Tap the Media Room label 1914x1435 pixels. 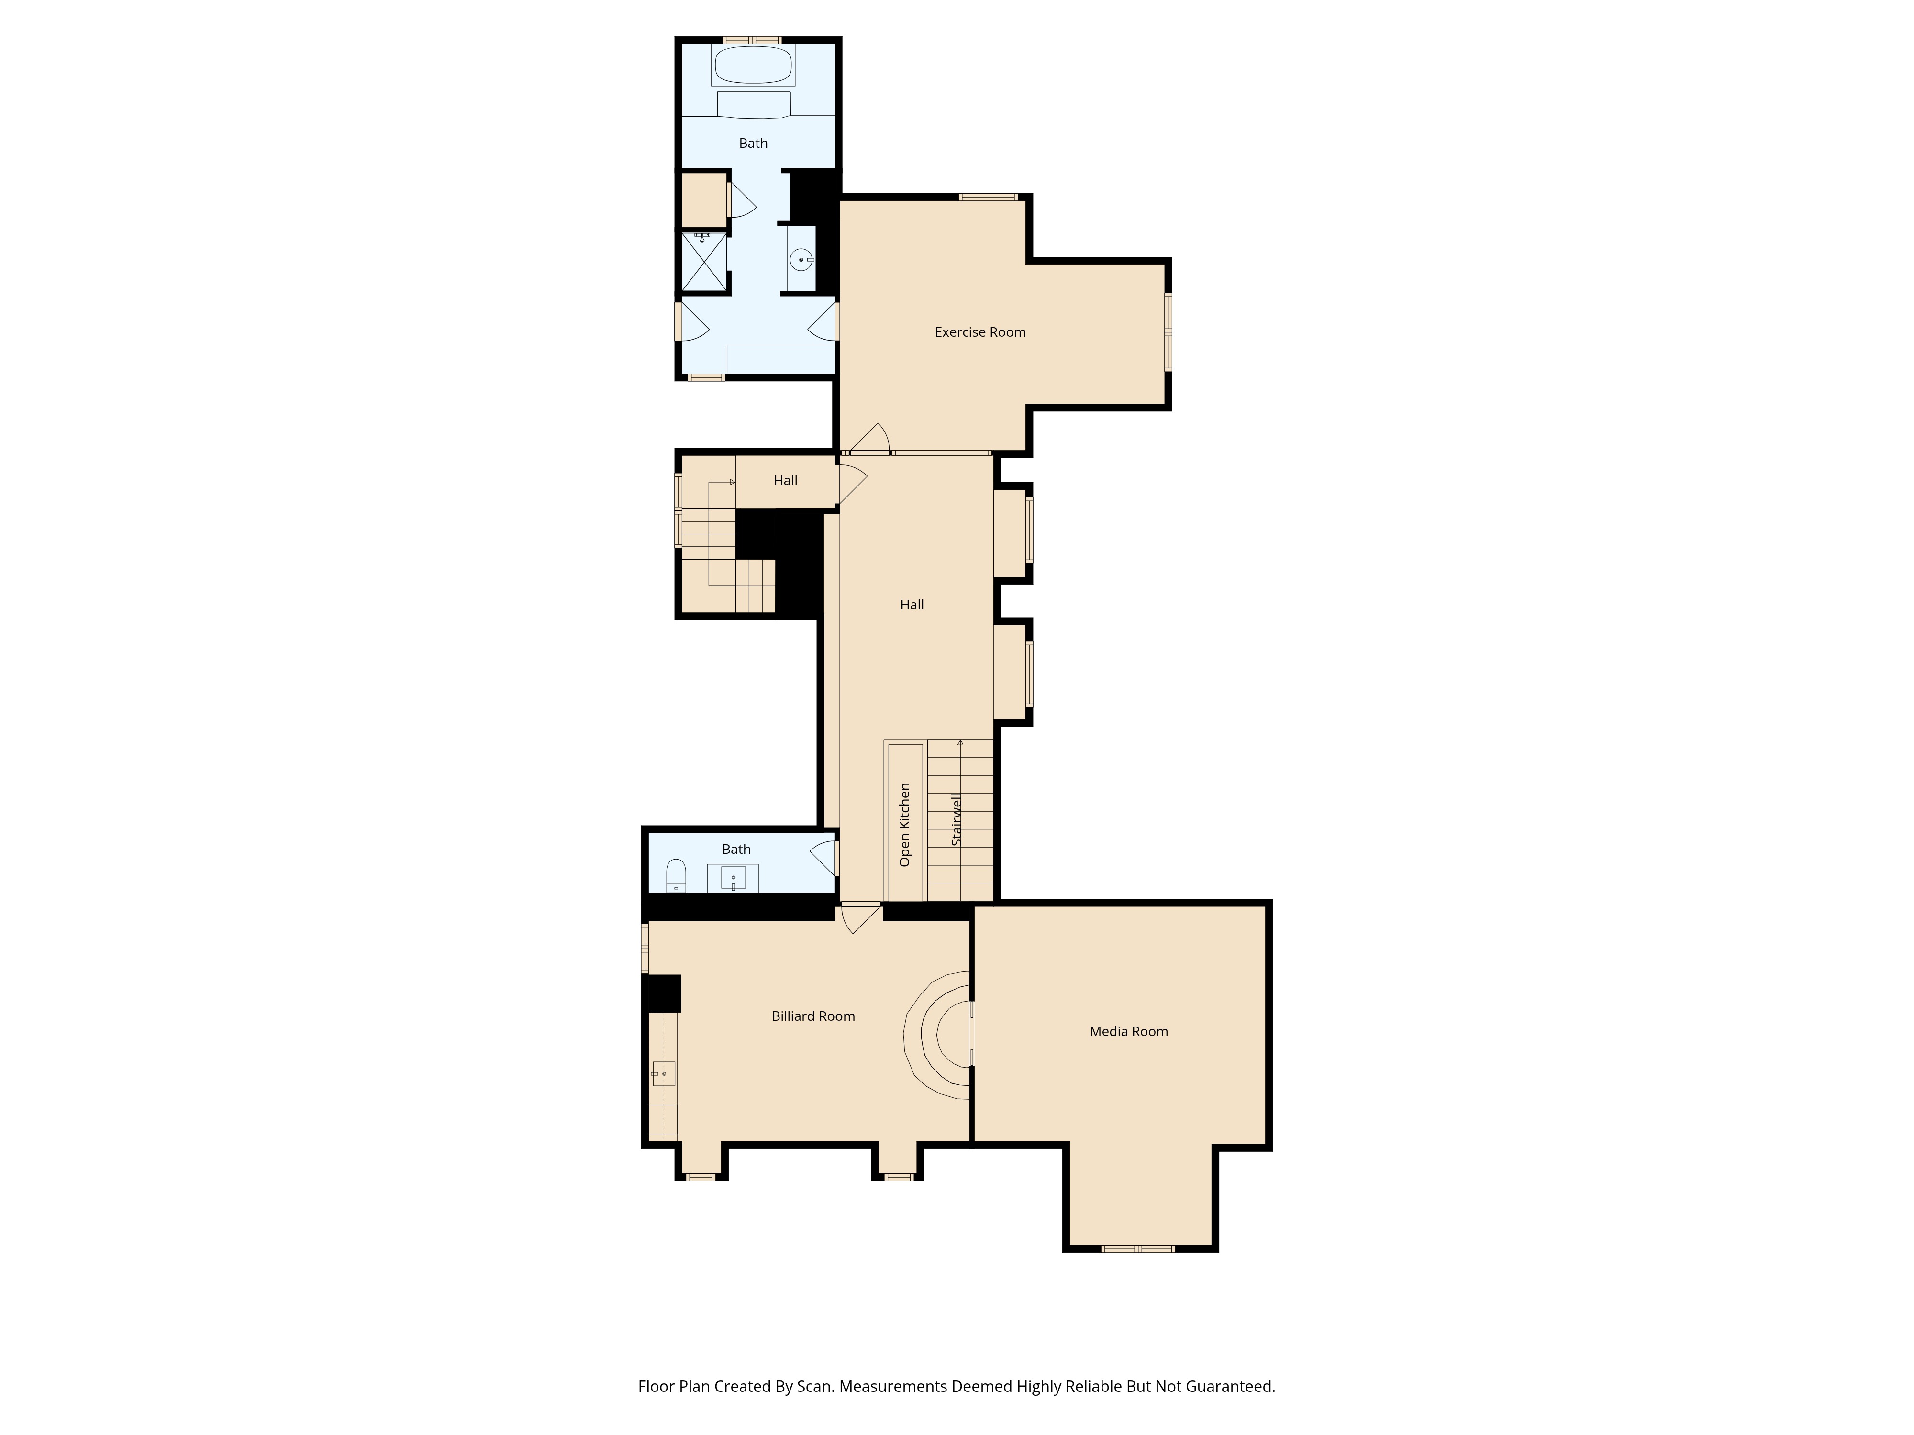pos(1128,1031)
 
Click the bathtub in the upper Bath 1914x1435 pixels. pos(753,65)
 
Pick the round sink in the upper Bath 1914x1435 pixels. pos(802,259)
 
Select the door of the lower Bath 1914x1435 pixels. pos(824,858)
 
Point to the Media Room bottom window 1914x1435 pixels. pos(1138,1248)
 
